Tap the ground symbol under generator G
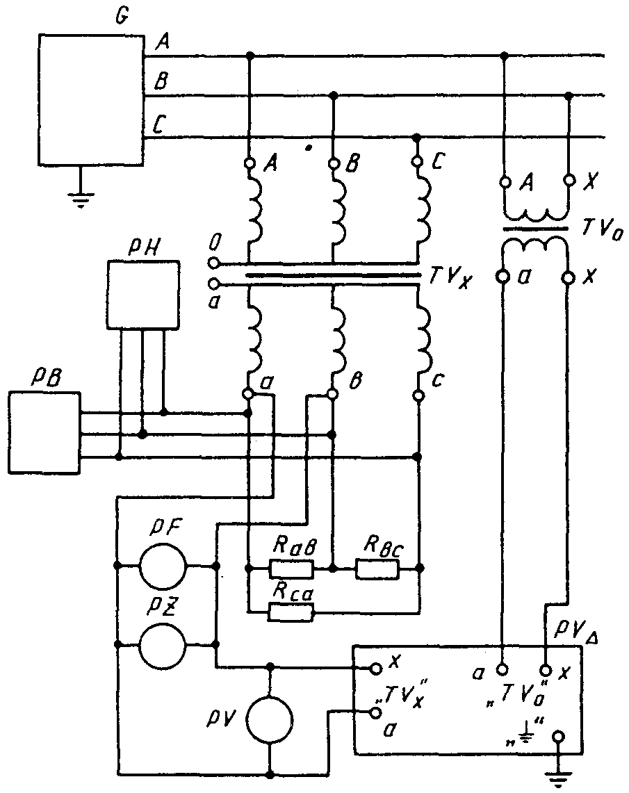click(x=79, y=200)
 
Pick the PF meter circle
click(x=163, y=565)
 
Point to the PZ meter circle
click(x=163, y=645)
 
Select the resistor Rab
click(x=292, y=569)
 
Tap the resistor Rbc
click(x=377, y=569)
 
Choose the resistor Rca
click(x=292, y=612)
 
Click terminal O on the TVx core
click(x=214, y=263)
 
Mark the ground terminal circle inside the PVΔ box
click(x=559, y=737)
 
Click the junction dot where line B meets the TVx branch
click(x=333, y=95)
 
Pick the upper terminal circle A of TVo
click(x=504, y=181)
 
